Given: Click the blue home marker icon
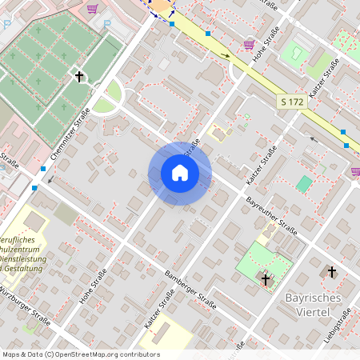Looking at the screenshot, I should (180, 173).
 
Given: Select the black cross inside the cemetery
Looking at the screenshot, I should (78, 77).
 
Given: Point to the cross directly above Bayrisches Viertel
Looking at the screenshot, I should (332, 273).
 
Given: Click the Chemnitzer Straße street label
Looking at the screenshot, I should (70, 138).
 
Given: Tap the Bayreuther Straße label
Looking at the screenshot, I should (272, 214).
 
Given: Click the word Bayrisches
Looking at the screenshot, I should (313, 298).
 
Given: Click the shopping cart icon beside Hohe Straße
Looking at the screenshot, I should (250, 44).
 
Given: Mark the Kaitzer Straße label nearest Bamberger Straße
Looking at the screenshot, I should (160, 312).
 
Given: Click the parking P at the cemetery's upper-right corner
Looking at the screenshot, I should (107, 24).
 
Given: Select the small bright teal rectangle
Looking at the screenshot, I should (304, 184).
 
